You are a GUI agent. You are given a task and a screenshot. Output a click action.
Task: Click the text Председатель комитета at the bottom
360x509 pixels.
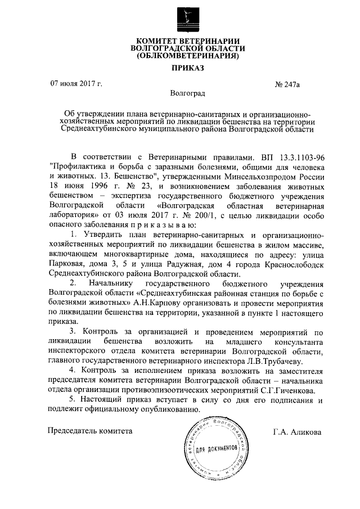[90, 431]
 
